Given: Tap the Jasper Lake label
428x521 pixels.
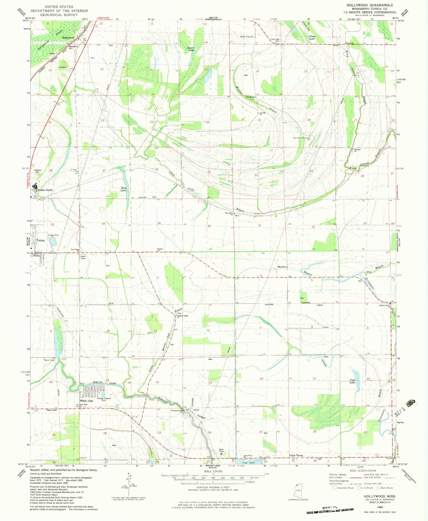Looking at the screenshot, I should click(190, 49).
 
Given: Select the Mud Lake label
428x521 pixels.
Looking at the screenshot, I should click(123, 189).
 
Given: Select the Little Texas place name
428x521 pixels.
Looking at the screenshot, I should click(296, 456).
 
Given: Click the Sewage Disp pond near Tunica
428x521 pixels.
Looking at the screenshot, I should click(53, 242).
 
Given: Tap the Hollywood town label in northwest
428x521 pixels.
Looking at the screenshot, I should click(68, 38).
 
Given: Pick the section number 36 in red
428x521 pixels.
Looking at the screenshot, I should click(209, 226).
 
